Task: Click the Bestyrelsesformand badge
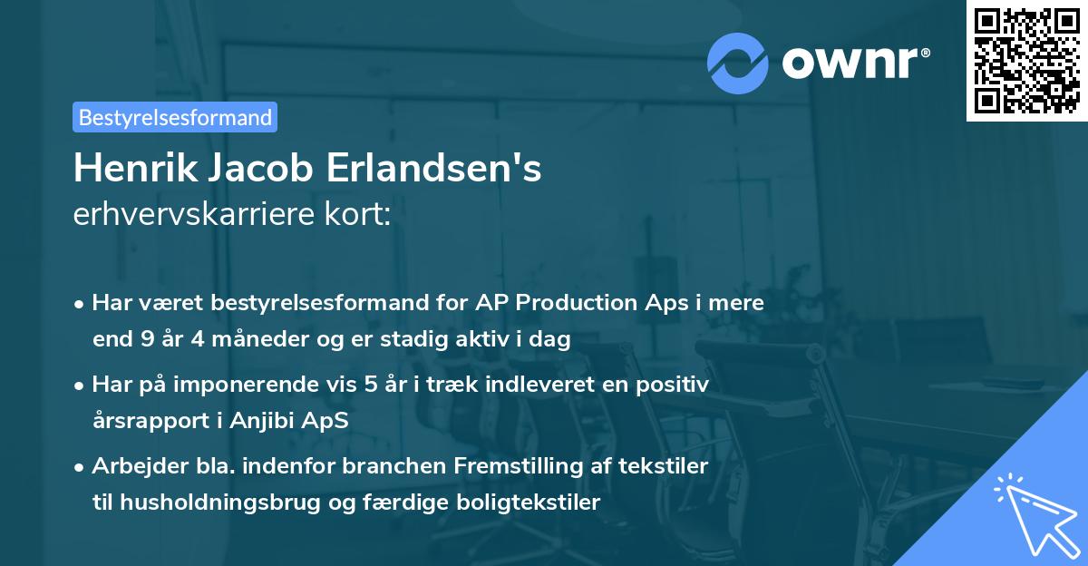point(175,117)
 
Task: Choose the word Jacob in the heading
point(256,169)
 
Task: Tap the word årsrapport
point(148,421)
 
